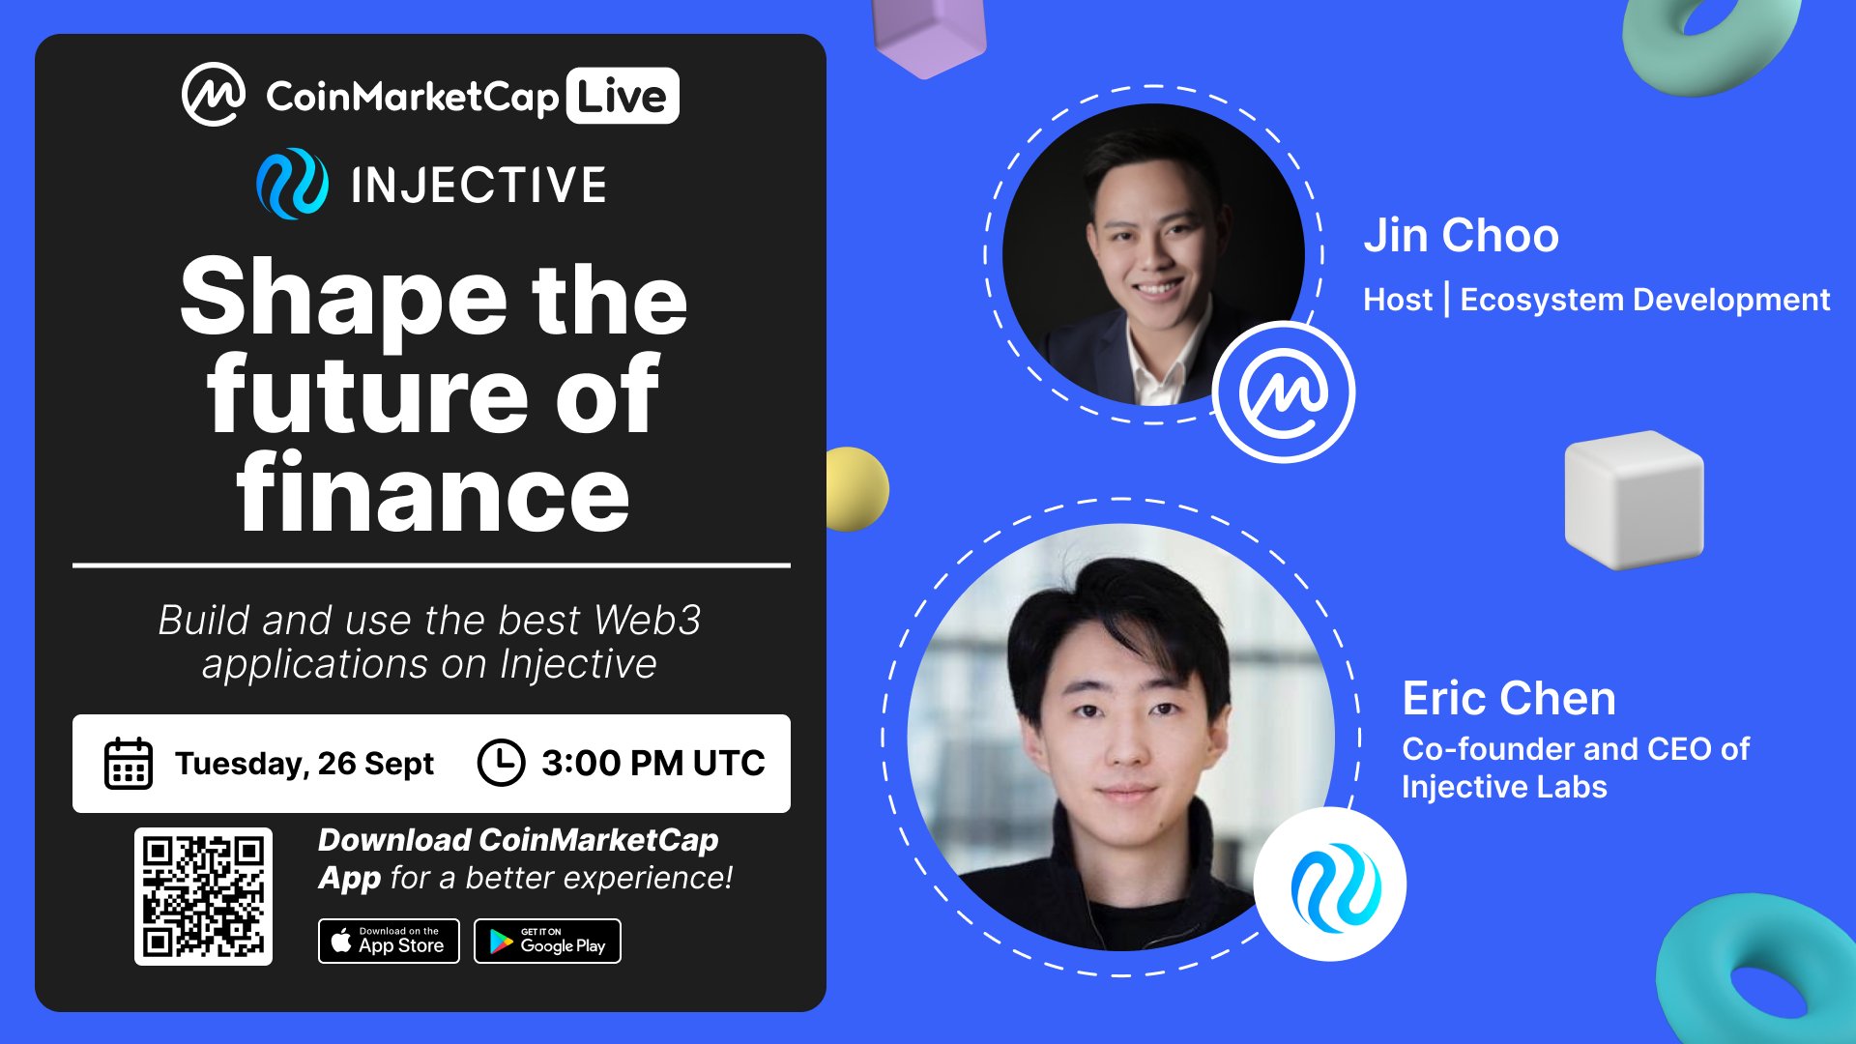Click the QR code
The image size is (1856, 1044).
point(203,896)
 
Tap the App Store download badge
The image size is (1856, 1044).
point(389,941)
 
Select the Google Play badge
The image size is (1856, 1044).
point(547,941)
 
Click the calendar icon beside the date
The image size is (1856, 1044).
point(129,764)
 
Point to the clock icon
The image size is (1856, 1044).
point(501,763)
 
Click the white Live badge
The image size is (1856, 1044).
point(623,96)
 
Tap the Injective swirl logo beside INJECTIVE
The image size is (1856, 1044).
point(292,184)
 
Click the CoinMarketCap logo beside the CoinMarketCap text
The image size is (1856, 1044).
point(214,95)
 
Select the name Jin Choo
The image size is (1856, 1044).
point(1461,235)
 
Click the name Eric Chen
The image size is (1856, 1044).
point(1509,698)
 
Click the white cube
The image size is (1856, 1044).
point(1634,499)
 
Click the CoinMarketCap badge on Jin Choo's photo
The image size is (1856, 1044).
point(1284,391)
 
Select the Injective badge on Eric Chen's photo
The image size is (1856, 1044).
point(1330,884)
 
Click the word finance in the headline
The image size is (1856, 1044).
point(433,492)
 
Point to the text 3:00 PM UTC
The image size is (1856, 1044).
point(653,763)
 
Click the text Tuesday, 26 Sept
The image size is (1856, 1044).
point(304,764)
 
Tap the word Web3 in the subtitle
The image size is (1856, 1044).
point(647,620)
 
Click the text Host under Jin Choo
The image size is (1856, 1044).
point(1398,300)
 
